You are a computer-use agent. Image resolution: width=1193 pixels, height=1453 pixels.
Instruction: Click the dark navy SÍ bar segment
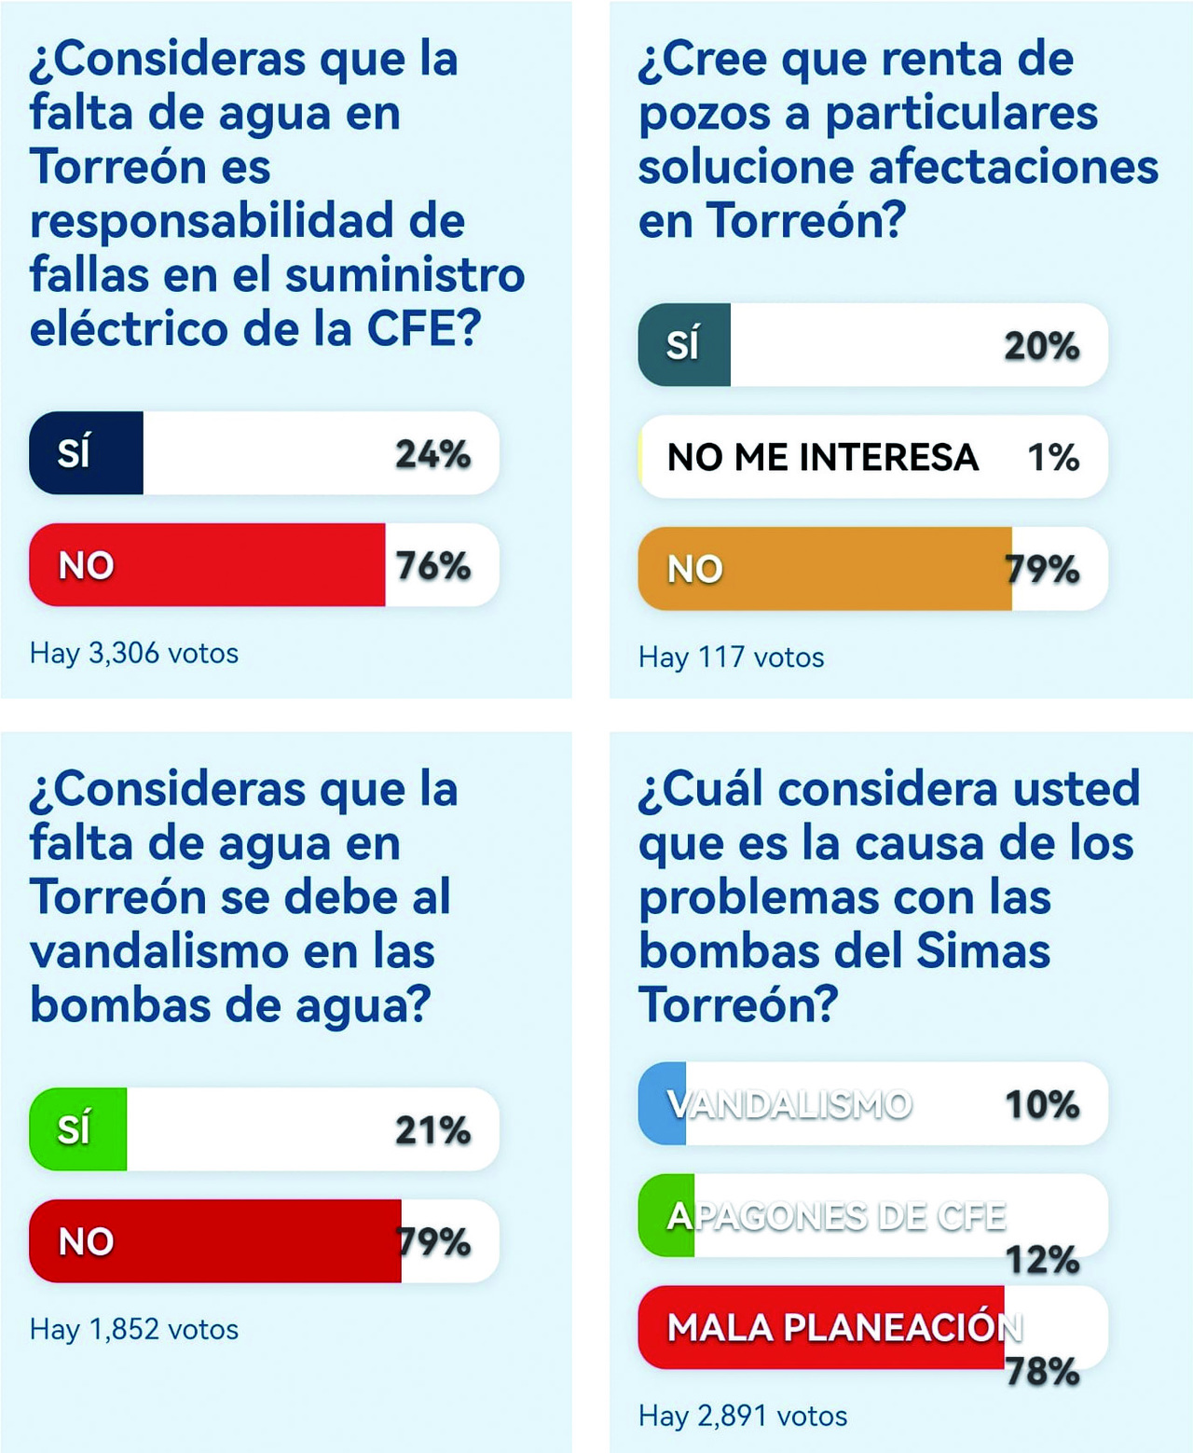pos(87,453)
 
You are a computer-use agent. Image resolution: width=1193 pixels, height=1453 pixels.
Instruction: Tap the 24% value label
pos(432,454)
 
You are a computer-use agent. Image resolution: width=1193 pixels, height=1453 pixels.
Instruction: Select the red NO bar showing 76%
pos(207,565)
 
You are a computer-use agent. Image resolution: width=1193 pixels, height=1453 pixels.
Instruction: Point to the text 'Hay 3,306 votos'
pos(134,653)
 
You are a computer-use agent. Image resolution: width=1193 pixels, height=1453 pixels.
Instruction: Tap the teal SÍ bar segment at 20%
pos(684,345)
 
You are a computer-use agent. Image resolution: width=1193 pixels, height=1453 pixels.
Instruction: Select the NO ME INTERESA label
pos(823,457)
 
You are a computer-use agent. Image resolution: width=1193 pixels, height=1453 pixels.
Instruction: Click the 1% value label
pos(1053,457)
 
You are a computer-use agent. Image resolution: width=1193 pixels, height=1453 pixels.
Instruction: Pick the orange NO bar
pos(825,569)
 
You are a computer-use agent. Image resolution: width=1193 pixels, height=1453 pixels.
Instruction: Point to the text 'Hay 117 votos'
pos(732,657)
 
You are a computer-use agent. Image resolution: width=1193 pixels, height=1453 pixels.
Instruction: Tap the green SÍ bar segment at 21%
pos(78,1129)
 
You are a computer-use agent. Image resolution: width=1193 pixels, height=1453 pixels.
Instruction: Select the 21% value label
pos(432,1130)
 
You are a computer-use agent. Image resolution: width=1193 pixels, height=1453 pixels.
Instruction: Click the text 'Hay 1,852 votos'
pos(134,1329)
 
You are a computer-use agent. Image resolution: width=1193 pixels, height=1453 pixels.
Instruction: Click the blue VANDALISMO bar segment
pos(663,1104)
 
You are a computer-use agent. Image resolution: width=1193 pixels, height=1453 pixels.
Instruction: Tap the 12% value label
pos(1042,1260)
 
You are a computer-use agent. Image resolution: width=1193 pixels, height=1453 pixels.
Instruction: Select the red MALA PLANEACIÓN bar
pos(820,1327)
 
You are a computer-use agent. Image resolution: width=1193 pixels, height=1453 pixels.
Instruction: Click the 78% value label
pos(1042,1372)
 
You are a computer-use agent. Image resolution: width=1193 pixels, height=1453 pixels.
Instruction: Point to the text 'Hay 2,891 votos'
pos(743,1416)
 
